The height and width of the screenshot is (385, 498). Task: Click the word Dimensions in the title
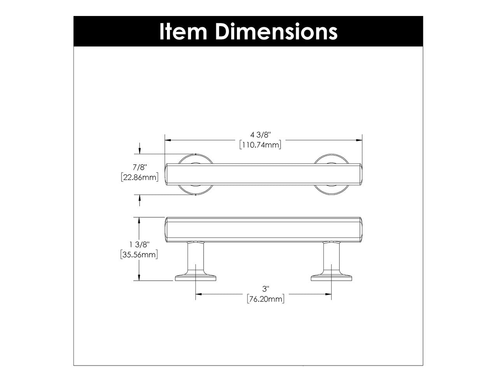(275, 31)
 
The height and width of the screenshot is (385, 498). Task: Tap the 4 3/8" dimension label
(260, 135)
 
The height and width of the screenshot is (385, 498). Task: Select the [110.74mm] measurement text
(260, 145)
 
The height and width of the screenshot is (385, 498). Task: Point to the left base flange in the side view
(195, 278)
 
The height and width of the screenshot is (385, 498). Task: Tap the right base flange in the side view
(331, 278)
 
